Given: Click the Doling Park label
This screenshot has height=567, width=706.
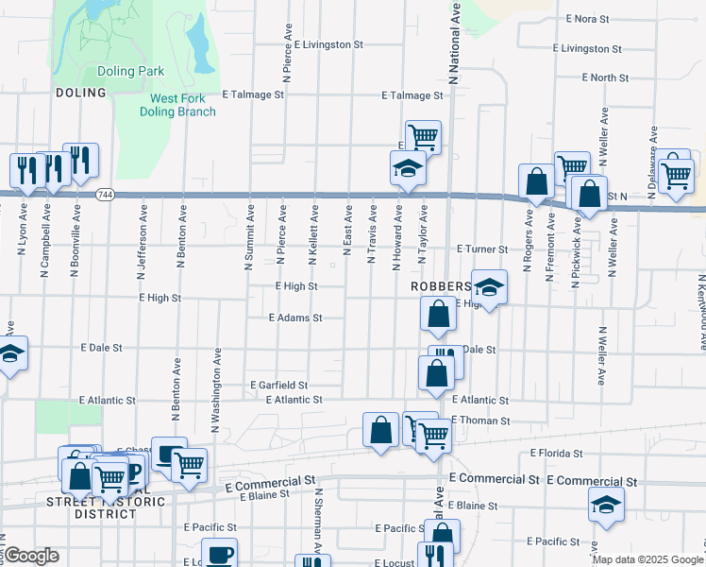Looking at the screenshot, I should coord(130,71).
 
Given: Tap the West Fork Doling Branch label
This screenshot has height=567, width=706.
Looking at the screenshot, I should coord(183,105).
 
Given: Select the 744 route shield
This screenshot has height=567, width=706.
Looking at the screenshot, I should coord(105,194).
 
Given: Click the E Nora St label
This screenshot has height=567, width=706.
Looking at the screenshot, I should coord(596,18).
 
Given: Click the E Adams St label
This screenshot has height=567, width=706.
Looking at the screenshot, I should coord(295,318).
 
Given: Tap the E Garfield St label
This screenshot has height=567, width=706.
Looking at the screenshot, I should coord(278,386).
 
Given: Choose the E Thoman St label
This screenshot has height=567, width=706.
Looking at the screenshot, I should coord(480,421).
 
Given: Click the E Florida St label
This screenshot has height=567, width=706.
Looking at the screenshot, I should coord(557,454).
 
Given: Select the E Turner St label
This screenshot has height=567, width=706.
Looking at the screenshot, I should coord(482,249).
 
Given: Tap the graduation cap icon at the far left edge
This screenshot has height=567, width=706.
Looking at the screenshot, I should coord(9,353).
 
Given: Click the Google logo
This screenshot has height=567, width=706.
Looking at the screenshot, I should coord(31,556).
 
